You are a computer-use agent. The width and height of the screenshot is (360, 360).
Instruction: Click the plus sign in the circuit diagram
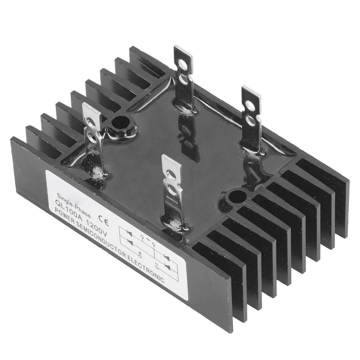[140, 254]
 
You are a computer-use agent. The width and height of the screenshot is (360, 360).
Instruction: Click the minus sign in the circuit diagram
[156, 263]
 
